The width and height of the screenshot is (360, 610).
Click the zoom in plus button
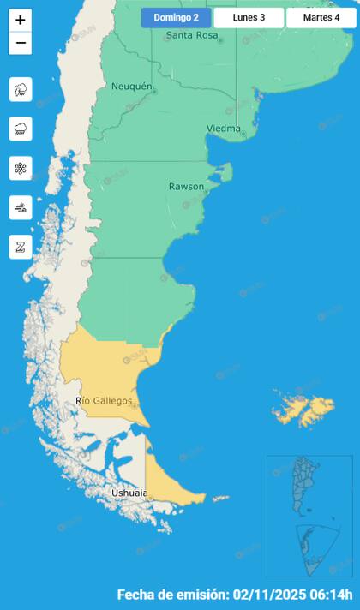click(x=21, y=21)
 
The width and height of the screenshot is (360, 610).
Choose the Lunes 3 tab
click(x=249, y=17)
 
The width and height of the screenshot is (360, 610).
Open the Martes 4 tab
click(x=321, y=17)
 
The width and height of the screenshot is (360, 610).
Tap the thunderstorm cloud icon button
click(x=21, y=89)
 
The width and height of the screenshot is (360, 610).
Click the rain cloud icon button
click(x=21, y=129)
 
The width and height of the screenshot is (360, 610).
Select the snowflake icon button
click(x=21, y=168)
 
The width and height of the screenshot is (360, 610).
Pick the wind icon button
click(x=21, y=207)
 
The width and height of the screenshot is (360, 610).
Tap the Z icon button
click(x=21, y=247)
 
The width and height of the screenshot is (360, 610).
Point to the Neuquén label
click(x=132, y=87)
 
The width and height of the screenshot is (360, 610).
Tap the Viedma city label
click(x=223, y=129)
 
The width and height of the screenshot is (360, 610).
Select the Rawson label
click(x=186, y=186)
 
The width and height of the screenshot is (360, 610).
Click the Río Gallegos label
click(x=104, y=400)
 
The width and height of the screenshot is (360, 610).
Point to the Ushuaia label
click(x=129, y=493)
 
